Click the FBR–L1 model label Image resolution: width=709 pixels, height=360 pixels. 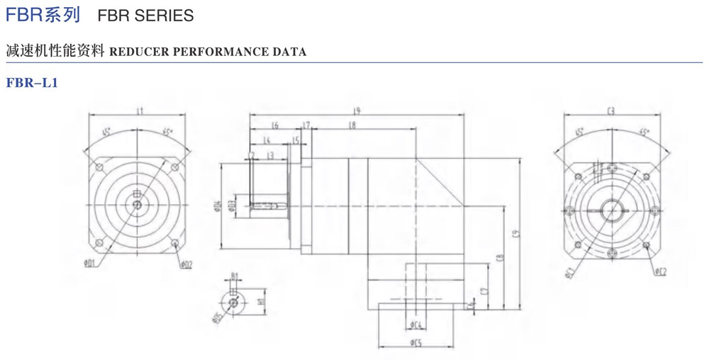tap(30, 84)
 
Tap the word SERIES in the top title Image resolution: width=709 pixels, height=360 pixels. tap(168, 15)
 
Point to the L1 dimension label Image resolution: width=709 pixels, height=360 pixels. tap(139, 111)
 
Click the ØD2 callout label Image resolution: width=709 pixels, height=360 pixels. tap(186, 264)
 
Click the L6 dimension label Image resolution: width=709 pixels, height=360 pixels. tap(274, 125)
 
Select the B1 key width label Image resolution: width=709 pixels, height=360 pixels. tap(234, 279)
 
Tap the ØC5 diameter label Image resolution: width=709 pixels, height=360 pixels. tap(416, 344)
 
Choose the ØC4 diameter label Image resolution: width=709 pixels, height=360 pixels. tap(416, 326)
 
